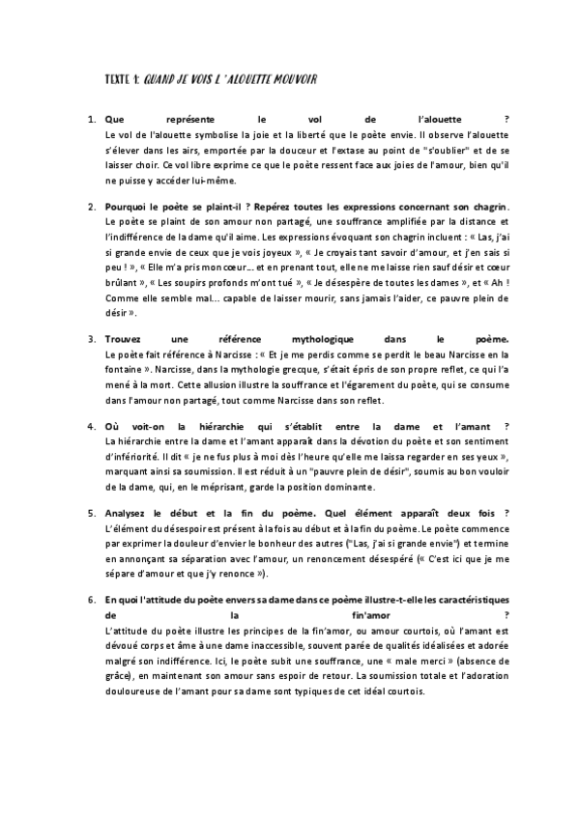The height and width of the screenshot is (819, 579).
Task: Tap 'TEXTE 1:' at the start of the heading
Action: [122, 78]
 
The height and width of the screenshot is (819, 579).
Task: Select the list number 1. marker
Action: [91, 118]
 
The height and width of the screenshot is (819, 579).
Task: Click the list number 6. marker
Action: [91, 600]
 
